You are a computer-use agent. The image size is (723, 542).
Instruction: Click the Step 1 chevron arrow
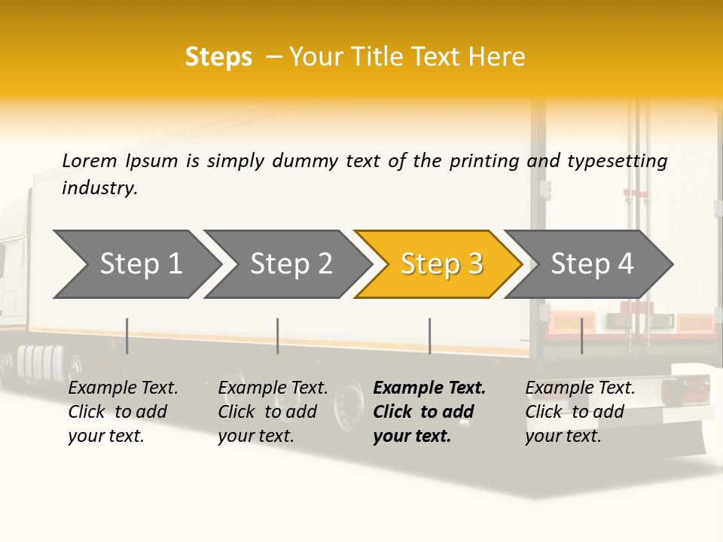[x=139, y=263]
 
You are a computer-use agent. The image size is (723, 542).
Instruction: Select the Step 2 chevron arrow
[x=290, y=263]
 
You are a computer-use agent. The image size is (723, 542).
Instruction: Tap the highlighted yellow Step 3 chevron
[x=441, y=263]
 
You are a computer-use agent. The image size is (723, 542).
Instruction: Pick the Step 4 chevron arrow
[x=591, y=263]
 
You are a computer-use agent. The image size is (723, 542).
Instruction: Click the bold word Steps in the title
[x=218, y=57]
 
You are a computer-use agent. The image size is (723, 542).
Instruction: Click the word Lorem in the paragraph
[x=89, y=160]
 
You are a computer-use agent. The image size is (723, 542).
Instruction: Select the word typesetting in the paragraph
[x=617, y=160]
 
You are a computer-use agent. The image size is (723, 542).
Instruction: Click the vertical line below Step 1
[x=127, y=336]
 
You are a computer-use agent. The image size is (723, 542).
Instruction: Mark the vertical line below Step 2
[x=278, y=336]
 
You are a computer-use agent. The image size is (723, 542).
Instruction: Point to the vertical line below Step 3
[x=430, y=336]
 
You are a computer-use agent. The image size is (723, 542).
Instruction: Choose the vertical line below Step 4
[x=581, y=336]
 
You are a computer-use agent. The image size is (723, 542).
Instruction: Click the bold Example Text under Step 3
[x=429, y=388]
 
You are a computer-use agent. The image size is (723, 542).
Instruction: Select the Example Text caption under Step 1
[x=123, y=388]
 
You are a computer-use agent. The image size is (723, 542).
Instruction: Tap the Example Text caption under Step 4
[x=580, y=388]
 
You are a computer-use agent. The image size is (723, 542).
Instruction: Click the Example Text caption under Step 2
[x=273, y=388]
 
